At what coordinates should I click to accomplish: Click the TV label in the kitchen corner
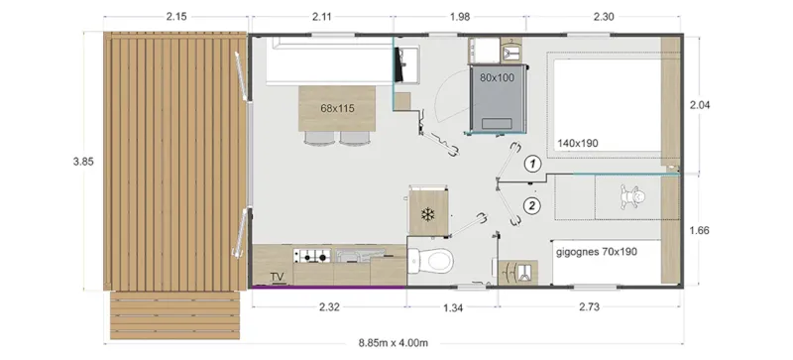pyautogui.click(x=277, y=277)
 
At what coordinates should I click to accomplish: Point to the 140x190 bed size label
pyautogui.click(x=580, y=143)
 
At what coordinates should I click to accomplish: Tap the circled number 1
pyautogui.click(x=532, y=164)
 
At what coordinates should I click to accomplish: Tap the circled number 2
pyautogui.click(x=532, y=206)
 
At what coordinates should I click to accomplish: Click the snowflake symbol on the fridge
pyautogui.click(x=429, y=213)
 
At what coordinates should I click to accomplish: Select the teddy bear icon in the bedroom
pyautogui.click(x=628, y=195)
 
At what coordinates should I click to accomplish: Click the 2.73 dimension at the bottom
pyautogui.click(x=589, y=308)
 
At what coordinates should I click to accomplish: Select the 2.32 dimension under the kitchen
pyautogui.click(x=329, y=308)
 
